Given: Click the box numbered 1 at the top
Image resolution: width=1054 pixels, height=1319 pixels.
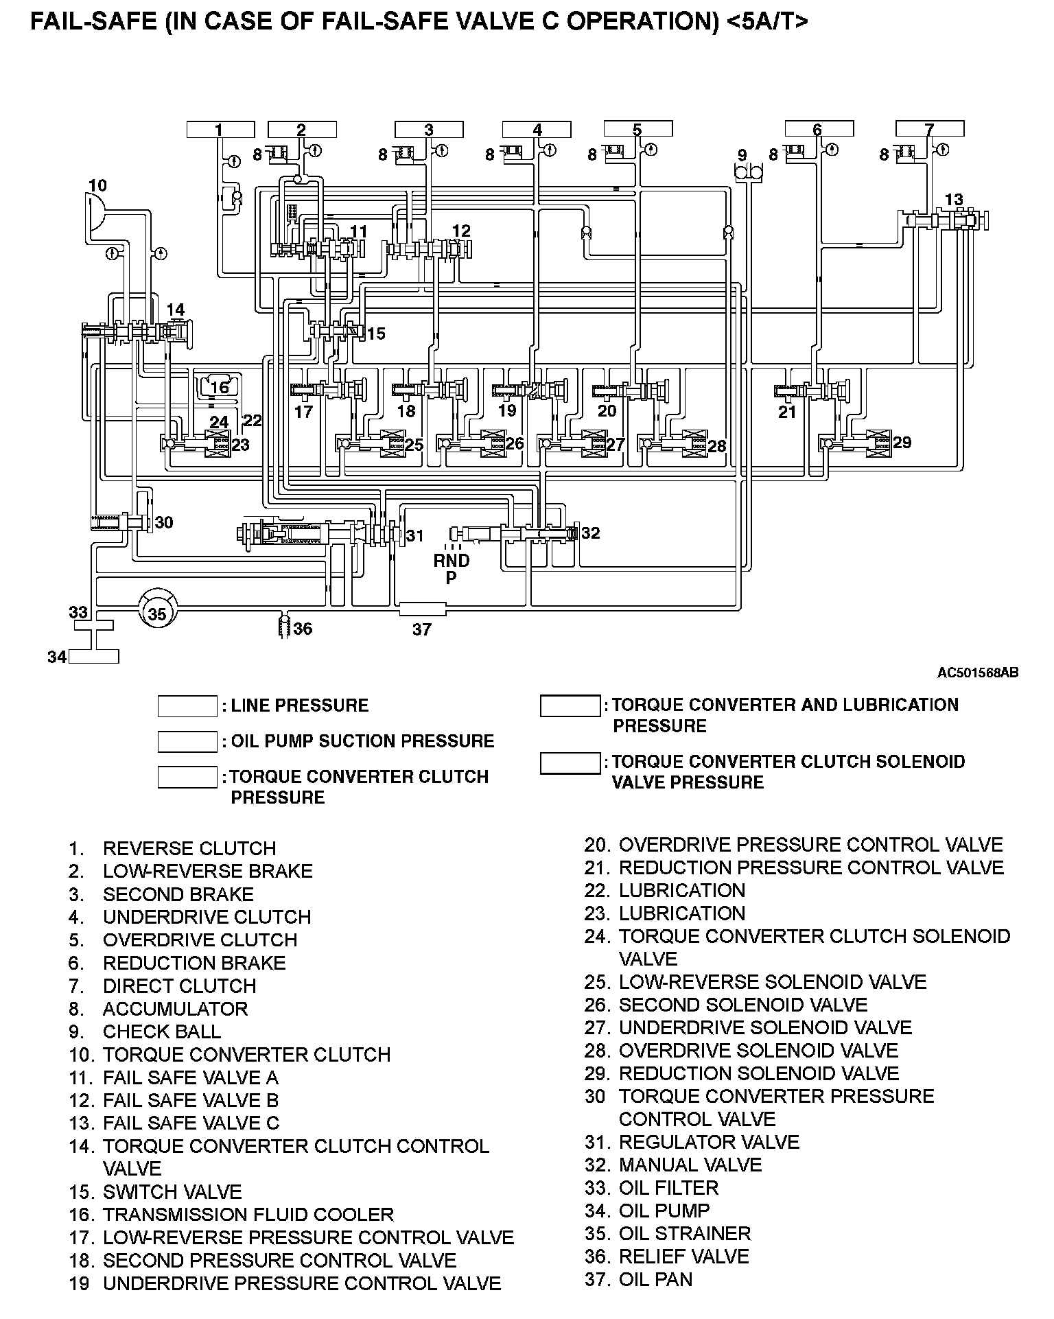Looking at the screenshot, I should (x=220, y=130).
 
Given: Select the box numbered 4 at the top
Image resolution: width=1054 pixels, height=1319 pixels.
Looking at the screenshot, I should (x=537, y=130).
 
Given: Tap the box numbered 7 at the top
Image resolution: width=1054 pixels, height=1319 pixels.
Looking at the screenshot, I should (x=930, y=130).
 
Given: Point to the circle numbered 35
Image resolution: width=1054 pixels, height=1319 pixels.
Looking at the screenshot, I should (x=157, y=614).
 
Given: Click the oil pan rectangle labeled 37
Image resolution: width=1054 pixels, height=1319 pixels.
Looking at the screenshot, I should (x=422, y=609).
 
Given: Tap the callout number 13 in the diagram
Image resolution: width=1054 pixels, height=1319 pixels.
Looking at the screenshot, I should (x=954, y=200).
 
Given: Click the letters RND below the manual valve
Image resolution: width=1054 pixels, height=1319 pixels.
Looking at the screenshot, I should (x=452, y=561).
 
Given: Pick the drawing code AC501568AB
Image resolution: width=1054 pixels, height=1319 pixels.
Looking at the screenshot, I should (x=978, y=673).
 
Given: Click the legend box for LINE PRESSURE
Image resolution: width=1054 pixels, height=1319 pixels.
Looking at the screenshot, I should (x=187, y=706).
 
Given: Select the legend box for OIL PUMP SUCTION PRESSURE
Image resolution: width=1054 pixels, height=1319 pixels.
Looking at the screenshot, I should (x=187, y=742).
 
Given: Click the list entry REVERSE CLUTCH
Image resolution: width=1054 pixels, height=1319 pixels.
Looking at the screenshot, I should (x=189, y=848).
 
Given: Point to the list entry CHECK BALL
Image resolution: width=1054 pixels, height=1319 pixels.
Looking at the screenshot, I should (x=162, y=1032).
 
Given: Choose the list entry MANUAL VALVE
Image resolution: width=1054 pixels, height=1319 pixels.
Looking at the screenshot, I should (x=690, y=1165).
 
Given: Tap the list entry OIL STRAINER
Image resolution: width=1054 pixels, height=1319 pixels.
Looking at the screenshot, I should (x=684, y=1234).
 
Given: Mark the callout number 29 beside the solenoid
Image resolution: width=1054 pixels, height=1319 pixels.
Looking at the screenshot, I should (x=902, y=443).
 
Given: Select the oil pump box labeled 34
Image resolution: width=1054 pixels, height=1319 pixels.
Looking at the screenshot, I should (x=94, y=657).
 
